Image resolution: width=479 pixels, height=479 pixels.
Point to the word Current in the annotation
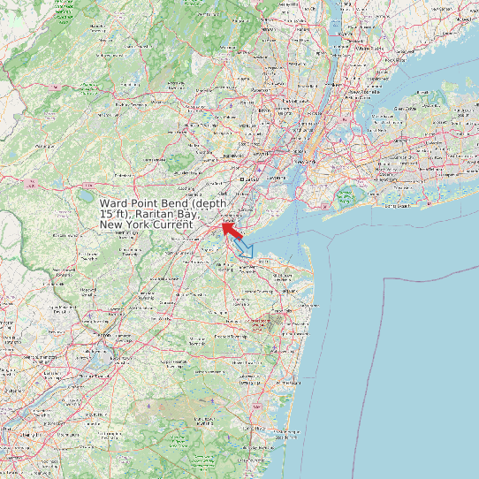(x=171, y=225)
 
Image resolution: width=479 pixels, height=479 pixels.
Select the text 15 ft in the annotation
(x=113, y=214)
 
